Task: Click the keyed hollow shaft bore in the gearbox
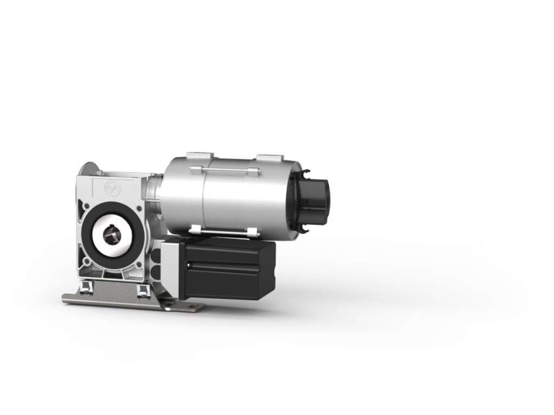(x=112, y=236)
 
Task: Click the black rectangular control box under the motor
(x=227, y=269)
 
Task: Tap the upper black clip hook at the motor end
(x=306, y=173)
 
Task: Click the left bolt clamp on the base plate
(x=84, y=288)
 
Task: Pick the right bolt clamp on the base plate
(x=143, y=290)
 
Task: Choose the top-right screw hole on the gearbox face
(x=139, y=207)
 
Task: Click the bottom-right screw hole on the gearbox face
(x=140, y=265)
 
